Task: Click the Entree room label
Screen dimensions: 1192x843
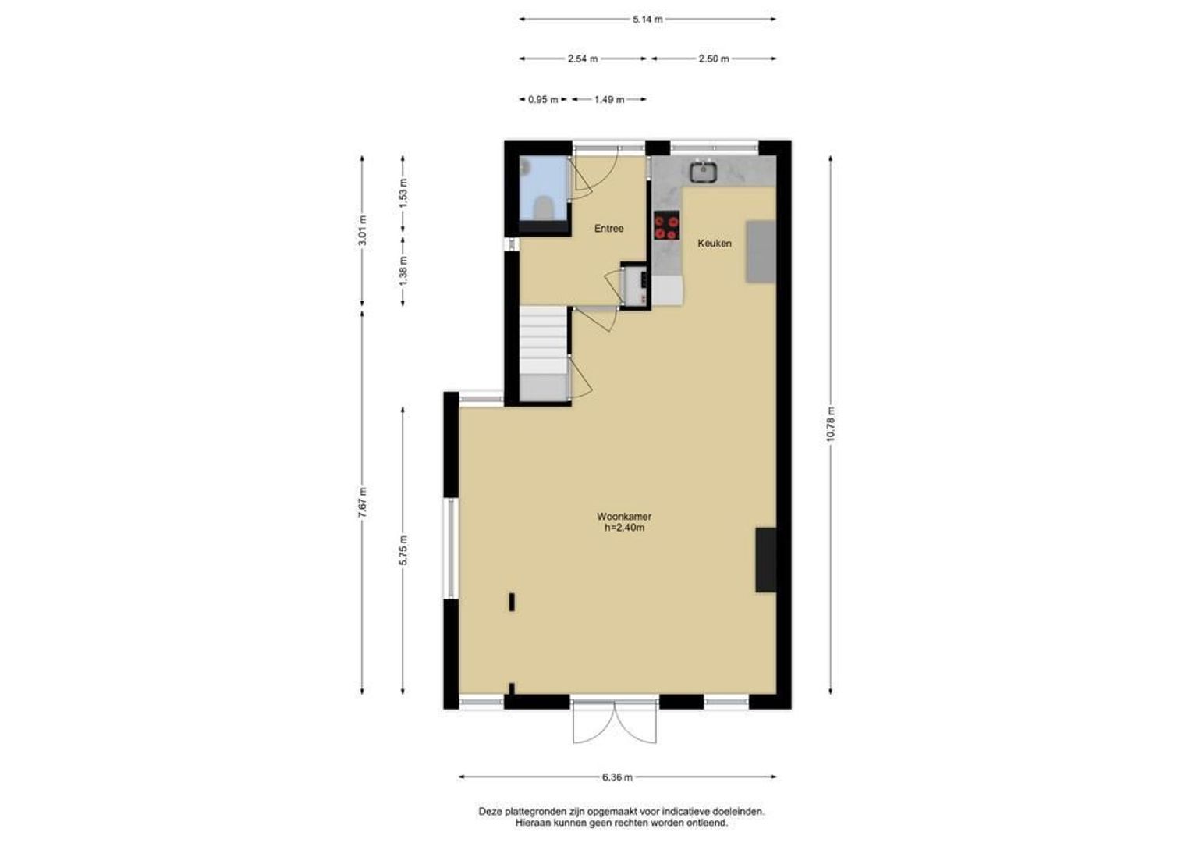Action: (x=608, y=229)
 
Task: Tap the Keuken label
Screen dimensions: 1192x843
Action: (x=714, y=244)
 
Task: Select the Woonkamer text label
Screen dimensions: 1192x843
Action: (x=623, y=517)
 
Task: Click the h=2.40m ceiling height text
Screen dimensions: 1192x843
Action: (x=623, y=528)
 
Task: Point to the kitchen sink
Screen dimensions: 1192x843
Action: (x=703, y=171)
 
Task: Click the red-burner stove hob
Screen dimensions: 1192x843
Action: (x=667, y=226)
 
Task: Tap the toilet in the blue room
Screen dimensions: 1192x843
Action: (x=543, y=207)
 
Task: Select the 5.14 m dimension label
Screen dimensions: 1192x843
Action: (x=647, y=20)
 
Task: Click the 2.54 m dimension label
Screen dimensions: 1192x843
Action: (x=583, y=59)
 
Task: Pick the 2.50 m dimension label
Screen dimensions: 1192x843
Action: (x=714, y=59)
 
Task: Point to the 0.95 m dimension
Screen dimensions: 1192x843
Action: (x=543, y=99)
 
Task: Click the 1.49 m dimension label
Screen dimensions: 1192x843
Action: (x=609, y=99)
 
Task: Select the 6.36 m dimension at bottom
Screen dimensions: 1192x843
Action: (x=617, y=777)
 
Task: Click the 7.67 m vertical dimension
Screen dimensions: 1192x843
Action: (x=362, y=502)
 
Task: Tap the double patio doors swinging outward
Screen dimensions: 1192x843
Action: (x=615, y=722)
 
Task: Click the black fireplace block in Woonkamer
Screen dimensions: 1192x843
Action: (x=766, y=560)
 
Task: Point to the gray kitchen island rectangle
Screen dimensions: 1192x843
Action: (x=761, y=251)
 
